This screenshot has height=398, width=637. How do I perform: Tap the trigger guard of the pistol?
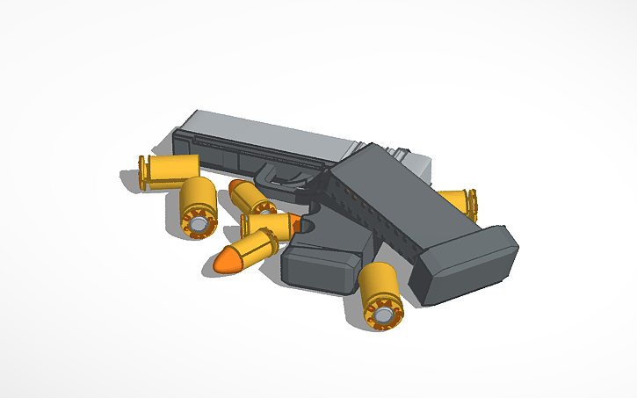(x=283, y=180)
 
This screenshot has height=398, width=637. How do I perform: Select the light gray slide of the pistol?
(x=264, y=132)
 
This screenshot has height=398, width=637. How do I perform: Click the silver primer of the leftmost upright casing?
(x=200, y=226)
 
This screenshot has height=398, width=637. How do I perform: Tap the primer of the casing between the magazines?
(x=384, y=310)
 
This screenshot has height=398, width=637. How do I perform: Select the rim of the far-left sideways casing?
(x=143, y=172)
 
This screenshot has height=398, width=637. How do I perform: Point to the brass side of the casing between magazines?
(x=377, y=281)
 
